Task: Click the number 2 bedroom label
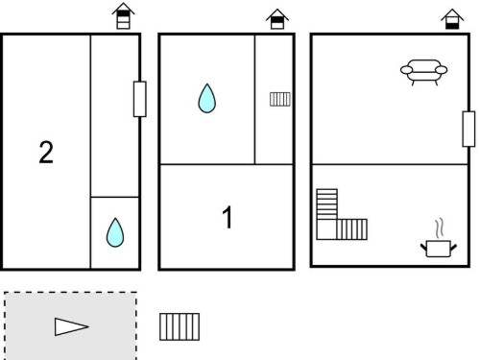coord(46,153)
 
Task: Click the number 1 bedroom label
coord(227,217)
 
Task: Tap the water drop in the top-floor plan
coord(115,232)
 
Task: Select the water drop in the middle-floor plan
coord(207,98)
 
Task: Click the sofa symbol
coord(424,72)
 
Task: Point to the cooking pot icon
coord(439,249)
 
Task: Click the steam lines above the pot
coord(440,228)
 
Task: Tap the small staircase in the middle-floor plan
coord(280,99)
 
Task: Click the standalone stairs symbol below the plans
coord(180,326)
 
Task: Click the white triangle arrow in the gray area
coord(71,326)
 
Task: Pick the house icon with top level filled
coord(123,16)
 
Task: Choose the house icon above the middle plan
coord(277,19)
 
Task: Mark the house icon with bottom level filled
coord(452,19)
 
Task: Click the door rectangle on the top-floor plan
coord(140,99)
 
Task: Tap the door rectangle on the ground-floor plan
coord(468,129)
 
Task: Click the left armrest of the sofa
coord(406,70)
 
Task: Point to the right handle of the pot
coord(454,247)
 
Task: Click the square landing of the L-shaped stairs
coord(326,229)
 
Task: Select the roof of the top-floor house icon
coord(123,9)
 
